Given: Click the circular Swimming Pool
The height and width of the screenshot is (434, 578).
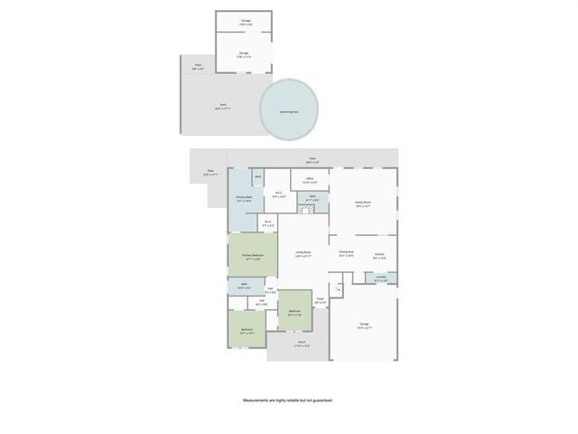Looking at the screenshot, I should click(289, 110).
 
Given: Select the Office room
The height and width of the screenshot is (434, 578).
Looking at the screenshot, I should click(309, 181).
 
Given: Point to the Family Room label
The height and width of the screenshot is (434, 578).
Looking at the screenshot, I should click(363, 205).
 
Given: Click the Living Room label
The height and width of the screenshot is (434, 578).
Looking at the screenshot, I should click(303, 254).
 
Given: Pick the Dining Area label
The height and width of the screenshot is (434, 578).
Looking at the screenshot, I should click(346, 253).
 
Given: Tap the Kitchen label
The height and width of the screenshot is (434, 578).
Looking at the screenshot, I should click(379, 256).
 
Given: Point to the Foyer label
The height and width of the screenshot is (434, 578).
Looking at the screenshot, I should click(320, 300).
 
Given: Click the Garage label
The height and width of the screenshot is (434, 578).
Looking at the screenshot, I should click(364, 325).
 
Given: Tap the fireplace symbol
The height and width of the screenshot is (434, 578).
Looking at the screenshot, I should click(307, 209).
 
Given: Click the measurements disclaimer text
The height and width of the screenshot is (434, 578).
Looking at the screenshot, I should click(288, 400).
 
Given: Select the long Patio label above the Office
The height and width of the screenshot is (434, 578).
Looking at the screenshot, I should click(312, 160).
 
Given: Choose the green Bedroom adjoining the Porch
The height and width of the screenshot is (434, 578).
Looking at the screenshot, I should click(294, 312).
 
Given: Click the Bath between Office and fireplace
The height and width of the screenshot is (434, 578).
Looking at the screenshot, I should click(312, 197).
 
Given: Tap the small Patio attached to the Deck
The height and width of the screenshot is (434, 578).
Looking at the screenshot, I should click(199, 66).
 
